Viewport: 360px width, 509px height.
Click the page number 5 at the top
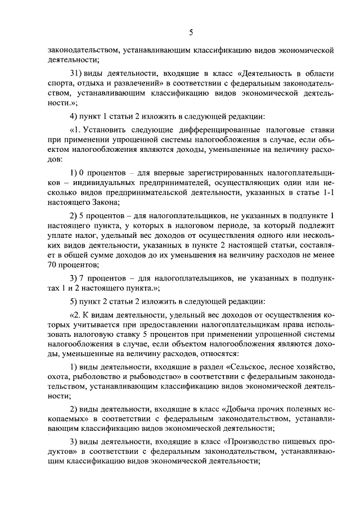[x=191, y=33]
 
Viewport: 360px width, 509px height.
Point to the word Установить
[x=103, y=130]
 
